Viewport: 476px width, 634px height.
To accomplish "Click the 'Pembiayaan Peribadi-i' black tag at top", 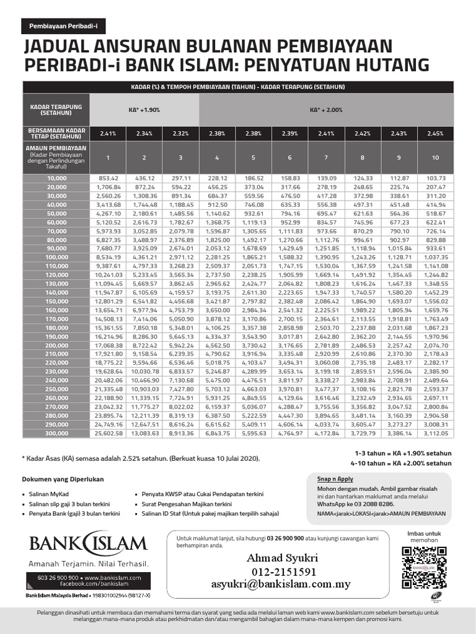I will pyautogui.click(x=64, y=27).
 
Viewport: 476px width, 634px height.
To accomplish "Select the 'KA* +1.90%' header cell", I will pyautogui.click(x=144, y=110).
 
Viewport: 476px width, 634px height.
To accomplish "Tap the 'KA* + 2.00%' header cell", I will pyautogui.click(x=325, y=110).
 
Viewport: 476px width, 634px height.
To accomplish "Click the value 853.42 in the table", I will pyautogui.click(x=108, y=178).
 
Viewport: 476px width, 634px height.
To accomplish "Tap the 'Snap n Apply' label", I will pyautogui.click(x=334, y=479).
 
